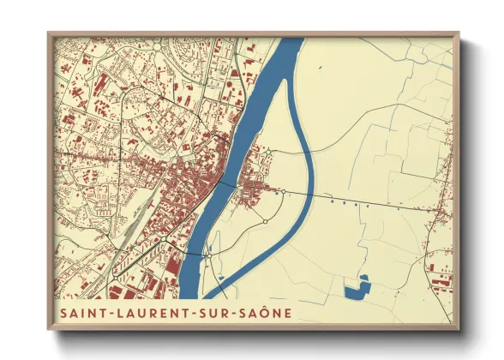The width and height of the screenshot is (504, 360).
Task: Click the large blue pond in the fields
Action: pyautogui.click(x=356, y=289)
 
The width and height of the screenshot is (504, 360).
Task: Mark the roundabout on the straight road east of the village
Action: pyautogui.click(x=282, y=189)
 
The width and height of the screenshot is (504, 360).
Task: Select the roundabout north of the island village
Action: pyautogui.click(x=267, y=153)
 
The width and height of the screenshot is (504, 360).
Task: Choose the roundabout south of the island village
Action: pyautogui.click(x=265, y=221)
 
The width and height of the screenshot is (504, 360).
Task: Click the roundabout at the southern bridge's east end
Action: pyautogui.click(x=208, y=255)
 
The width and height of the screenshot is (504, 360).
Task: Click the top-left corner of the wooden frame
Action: pyautogui.click(x=50, y=34)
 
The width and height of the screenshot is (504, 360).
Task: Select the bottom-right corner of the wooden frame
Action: pyautogui.click(x=458, y=329)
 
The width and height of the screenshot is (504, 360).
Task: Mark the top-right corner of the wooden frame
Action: pyautogui.click(x=458, y=34)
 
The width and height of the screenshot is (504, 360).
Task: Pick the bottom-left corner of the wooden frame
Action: pyautogui.click(x=50, y=329)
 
